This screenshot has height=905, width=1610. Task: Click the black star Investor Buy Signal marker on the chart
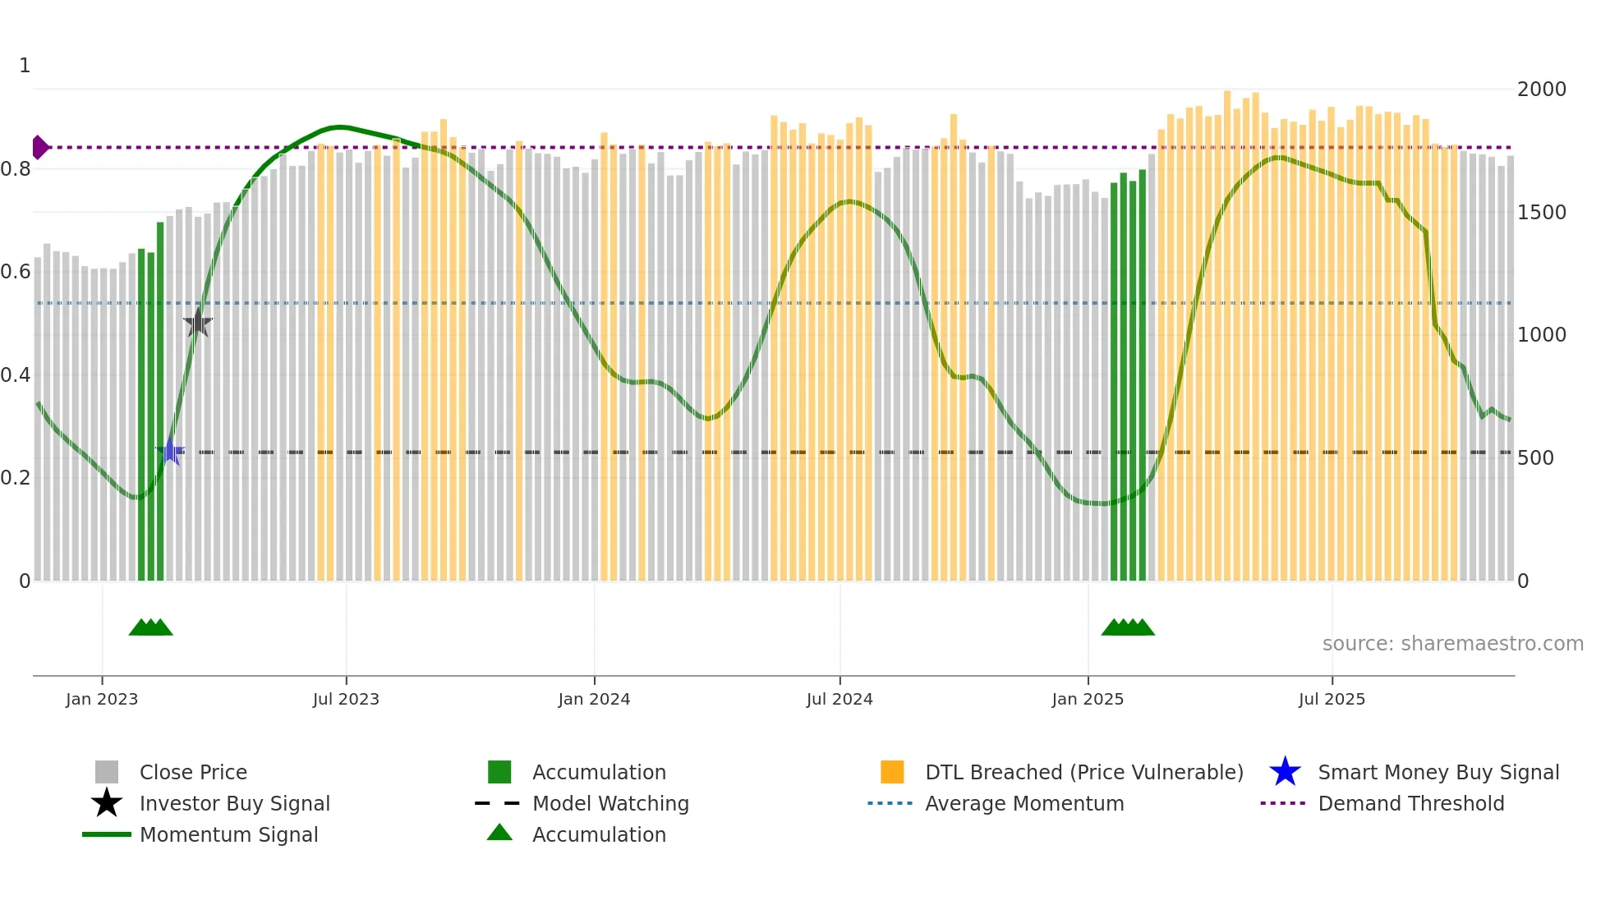[x=197, y=323]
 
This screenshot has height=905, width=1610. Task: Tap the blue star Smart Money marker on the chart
[x=170, y=451]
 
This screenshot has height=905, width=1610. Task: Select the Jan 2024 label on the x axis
[x=594, y=699]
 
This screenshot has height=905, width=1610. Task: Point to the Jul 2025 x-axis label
[x=1332, y=699]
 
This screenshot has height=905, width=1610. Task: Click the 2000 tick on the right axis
[x=1541, y=89]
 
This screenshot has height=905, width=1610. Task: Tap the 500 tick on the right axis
[x=1535, y=457]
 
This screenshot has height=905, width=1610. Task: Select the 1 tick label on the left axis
[x=25, y=66]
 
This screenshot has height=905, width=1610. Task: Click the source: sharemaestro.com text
[x=1452, y=643]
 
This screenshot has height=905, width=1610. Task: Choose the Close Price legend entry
[x=193, y=772]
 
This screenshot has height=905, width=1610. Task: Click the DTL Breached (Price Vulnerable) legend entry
[x=1083, y=772]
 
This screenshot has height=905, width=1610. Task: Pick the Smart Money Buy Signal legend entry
[x=1437, y=772]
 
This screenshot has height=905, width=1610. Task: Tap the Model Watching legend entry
[x=610, y=803]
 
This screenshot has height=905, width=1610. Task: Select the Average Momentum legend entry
[x=1024, y=803]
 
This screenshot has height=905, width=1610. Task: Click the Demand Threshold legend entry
[x=1410, y=803]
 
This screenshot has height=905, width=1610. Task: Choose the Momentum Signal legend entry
[x=228, y=834]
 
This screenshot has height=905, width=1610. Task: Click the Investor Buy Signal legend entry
[x=234, y=803]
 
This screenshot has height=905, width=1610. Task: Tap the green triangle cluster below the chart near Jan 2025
[x=1128, y=627]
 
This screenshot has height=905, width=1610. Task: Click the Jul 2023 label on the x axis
[x=346, y=699]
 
